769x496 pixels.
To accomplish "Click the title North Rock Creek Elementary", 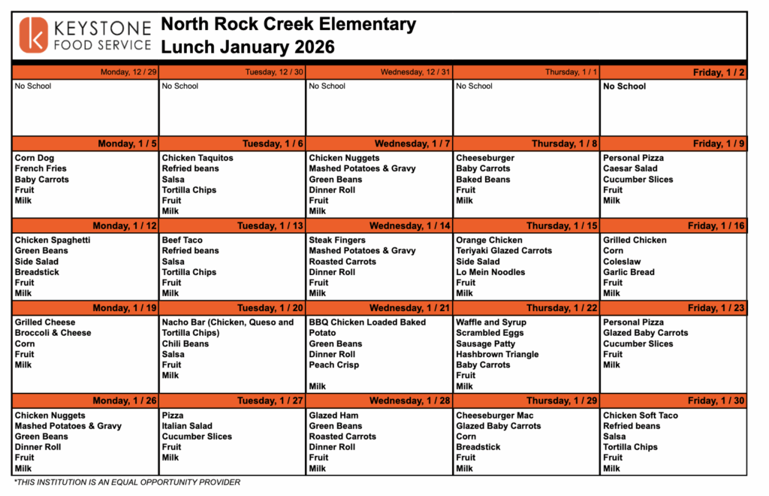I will pyautogui.click(x=288, y=25).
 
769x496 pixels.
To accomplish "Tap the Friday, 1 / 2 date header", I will pyautogui.click(x=719, y=72).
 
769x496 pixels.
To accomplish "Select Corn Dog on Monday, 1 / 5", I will pyautogui.click(x=35, y=159).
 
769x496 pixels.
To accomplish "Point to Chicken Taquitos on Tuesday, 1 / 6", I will pyautogui.click(x=198, y=159).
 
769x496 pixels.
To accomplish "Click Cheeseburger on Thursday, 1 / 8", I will pyautogui.click(x=485, y=159).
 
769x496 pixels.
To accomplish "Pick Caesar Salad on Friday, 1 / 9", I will pyautogui.click(x=630, y=169).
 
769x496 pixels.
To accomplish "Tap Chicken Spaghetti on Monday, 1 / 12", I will pyautogui.click(x=53, y=240).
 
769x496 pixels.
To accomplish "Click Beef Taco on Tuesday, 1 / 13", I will pyautogui.click(x=182, y=240).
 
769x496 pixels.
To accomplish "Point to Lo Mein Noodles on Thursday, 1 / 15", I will pyautogui.click(x=490, y=272).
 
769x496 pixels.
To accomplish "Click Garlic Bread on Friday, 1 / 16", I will pyautogui.click(x=629, y=272).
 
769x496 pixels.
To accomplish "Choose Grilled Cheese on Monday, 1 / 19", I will pyautogui.click(x=45, y=322).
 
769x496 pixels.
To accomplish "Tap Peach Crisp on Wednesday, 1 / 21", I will pyautogui.click(x=334, y=365).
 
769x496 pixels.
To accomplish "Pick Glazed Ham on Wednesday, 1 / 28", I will pyautogui.click(x=334, y=416).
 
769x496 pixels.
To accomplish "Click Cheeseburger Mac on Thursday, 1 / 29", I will pyautogui.click(x=495, y=416).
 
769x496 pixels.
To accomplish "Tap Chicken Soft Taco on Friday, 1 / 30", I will pyautogui.click(x=641, y=416).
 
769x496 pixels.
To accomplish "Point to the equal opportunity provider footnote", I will pyautogui.click(x=128, y=482).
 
